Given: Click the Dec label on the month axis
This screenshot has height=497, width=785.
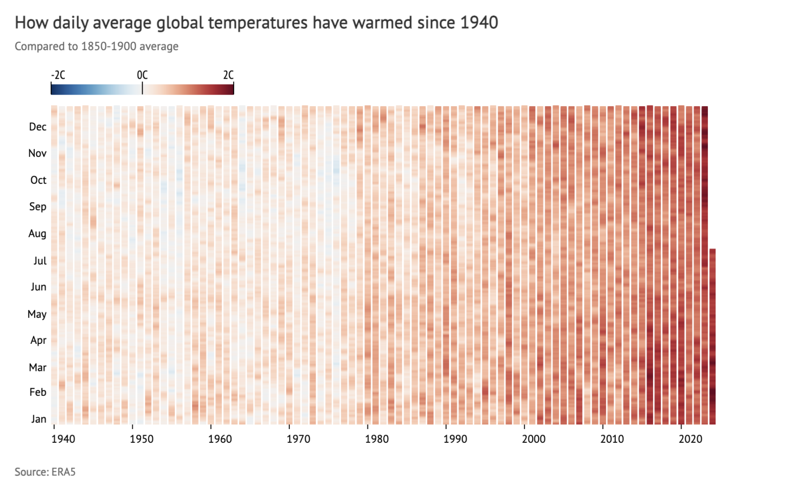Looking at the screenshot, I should tap(37, 127).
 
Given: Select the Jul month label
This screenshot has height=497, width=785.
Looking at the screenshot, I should tap(40, 261).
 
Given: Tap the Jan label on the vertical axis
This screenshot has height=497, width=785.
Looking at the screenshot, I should tap(38, 419).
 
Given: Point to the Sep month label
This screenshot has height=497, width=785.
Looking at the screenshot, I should tap(37, 206).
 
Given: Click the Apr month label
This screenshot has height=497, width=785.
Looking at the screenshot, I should tap(38, 340).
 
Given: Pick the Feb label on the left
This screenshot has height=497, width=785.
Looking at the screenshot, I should tap(38, 392).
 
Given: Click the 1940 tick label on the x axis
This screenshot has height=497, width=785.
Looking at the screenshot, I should tap(63, 439).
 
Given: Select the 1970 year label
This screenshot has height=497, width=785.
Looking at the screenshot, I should tap(298, 439).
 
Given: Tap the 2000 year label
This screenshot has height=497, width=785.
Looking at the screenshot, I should tap(534, 439).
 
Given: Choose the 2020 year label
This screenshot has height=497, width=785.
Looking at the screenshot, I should tap(690, 439).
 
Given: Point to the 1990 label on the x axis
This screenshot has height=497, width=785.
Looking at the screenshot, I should tap(455, 439).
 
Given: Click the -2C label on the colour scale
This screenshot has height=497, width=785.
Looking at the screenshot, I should tap(58, 75).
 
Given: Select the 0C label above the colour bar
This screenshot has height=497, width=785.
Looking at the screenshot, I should tap(142, 75).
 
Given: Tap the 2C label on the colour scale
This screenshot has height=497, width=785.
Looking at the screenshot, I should tap(228, 75).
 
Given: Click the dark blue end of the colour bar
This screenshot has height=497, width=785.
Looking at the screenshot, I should tap(55, 89).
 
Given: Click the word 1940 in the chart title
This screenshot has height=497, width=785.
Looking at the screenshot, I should tap(479, 22).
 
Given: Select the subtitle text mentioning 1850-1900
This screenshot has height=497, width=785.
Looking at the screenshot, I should tap(97, 46).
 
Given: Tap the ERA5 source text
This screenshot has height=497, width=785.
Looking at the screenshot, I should tap(63, 472).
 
